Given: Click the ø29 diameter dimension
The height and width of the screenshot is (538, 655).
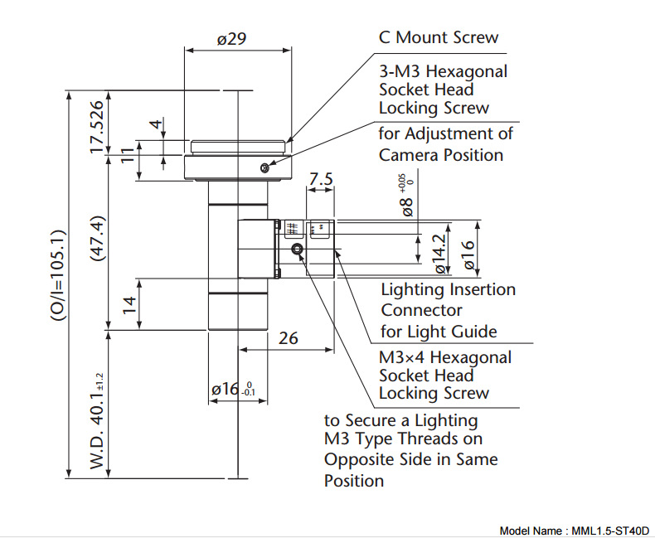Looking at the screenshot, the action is click(x=232, y=39).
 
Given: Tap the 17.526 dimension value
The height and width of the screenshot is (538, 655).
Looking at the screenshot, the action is click(x=96, y=127).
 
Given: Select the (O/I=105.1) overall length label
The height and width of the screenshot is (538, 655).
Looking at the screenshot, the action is click(x=58, y=275).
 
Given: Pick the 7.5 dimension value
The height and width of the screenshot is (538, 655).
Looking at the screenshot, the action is click(x=321, y=179).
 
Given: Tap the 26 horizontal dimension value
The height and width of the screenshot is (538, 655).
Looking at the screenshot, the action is click(x=289, y=338).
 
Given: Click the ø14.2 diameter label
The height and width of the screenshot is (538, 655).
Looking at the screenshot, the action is click(x=440, y=254).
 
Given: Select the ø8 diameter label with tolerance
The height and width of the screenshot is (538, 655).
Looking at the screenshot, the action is click(x=407, y=196).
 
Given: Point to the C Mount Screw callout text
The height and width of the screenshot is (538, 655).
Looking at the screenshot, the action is click(x=439, y=37).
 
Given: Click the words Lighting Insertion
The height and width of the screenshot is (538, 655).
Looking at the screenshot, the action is click(x=449, y=289).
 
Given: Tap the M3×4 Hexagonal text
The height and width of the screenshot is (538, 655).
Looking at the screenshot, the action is click(x=445, y=357).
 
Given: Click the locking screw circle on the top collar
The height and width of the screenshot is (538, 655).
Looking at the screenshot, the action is click(x=264, y=168).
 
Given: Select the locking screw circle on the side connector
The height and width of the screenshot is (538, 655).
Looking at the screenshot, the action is click(x=297, y=250).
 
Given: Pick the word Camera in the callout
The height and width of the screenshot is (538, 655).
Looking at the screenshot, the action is click(x=409, y=155).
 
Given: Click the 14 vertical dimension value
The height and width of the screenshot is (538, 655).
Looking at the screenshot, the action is click(x=130, y=305).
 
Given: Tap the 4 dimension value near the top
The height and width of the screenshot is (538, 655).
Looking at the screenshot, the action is click(x=156, y=124).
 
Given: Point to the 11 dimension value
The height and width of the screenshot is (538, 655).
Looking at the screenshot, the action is click(x=128, y=155).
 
